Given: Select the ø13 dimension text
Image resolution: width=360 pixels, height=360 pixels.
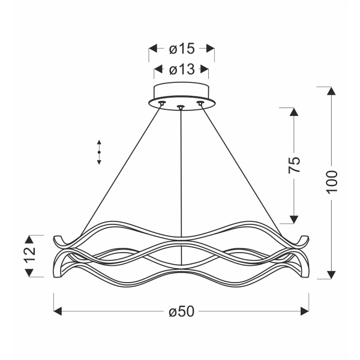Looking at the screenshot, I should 181,70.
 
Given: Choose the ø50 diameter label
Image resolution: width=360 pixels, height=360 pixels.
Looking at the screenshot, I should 181,311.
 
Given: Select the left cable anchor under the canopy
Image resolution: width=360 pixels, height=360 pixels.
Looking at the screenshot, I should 161,104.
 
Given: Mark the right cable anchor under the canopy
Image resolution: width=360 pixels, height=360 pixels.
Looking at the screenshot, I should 201,104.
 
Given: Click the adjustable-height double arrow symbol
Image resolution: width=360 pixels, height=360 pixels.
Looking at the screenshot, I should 99,152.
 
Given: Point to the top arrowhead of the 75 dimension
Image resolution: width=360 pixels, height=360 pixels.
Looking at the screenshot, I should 293,113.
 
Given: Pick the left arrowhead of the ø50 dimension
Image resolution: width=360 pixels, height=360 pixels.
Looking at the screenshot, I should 58,311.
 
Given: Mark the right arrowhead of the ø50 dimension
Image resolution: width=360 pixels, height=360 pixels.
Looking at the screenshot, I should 304,311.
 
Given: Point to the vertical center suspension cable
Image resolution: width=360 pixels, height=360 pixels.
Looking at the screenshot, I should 181,180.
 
